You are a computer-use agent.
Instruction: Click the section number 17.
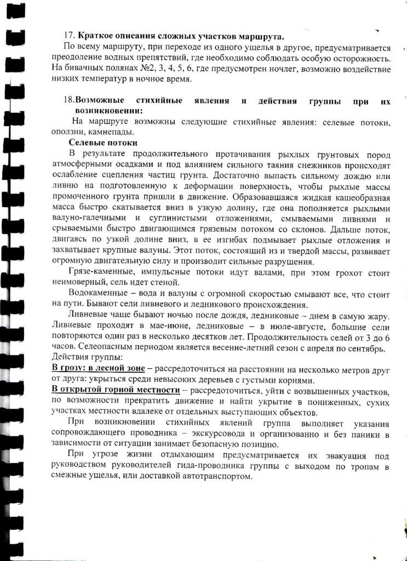click(69, 37)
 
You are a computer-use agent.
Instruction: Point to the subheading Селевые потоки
click(99, 142)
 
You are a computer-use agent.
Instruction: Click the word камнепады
click(115, 132)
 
